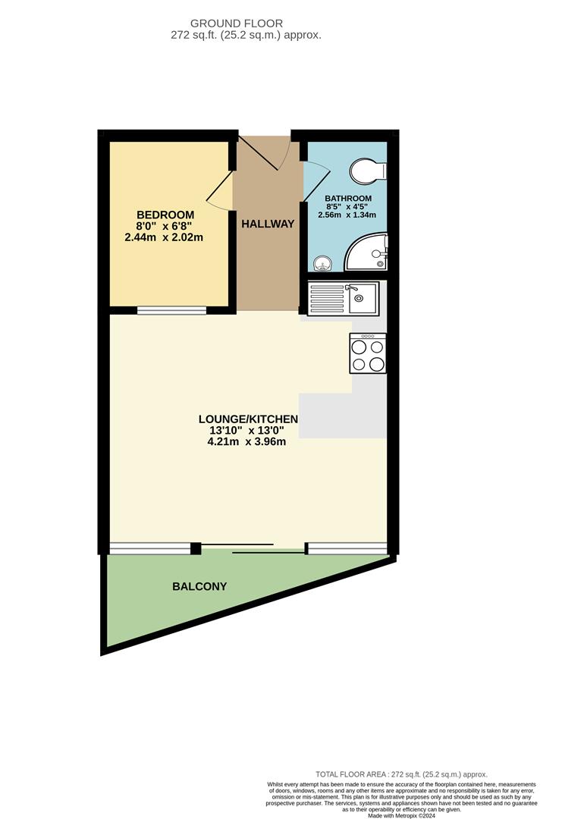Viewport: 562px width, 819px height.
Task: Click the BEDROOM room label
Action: tap(165, 215)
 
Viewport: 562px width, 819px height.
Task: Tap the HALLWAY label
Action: tap(268, 224)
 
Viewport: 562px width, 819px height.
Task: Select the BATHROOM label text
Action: tap(349, 198)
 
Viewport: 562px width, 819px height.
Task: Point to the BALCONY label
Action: tap(199, 586)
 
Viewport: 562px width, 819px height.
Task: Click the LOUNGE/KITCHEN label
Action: tap(248, 419)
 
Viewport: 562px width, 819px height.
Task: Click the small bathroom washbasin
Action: tap(323, 263)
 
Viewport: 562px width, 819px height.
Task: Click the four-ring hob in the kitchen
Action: tap(368, 354)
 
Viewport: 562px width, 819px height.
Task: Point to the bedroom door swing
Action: tap(218, 191)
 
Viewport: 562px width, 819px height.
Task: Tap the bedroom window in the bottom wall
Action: tap(171, 309)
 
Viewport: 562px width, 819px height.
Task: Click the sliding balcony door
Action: tap(253, 548)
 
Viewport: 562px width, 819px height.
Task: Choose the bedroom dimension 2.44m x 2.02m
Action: tap(165, 237)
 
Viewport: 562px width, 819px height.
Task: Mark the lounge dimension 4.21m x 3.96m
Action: tap(246, 442)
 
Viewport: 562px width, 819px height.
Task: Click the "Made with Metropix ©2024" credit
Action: tap(401, 815)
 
